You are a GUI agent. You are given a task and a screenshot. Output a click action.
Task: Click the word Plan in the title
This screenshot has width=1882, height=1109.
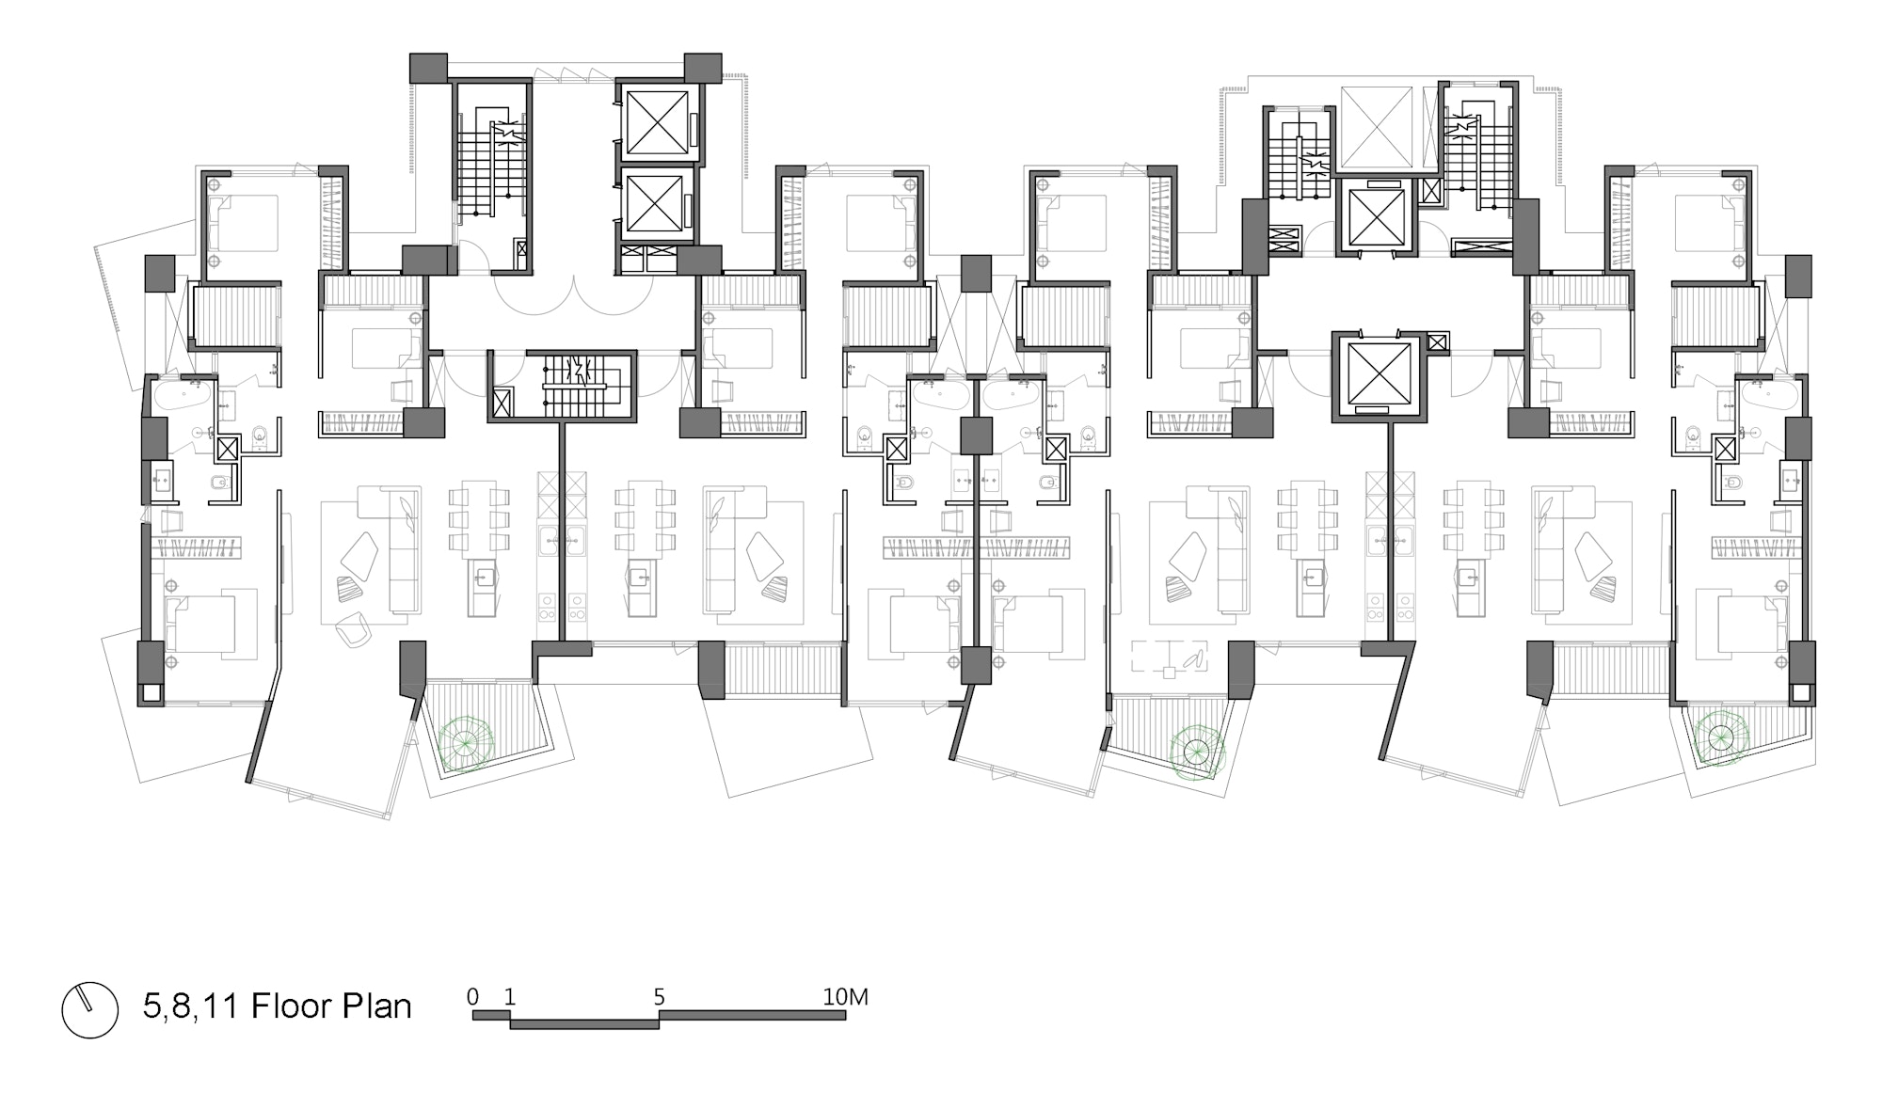coord(375,1006)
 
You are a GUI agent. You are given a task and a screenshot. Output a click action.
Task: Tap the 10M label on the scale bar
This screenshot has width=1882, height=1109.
coord(845,997)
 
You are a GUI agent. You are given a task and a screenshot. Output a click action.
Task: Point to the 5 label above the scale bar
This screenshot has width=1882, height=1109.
coord(660,997)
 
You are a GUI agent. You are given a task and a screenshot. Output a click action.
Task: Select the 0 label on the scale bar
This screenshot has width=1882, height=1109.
coord(472,997)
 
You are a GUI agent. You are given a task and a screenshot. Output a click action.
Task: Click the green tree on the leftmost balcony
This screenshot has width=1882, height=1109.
coord(462,745)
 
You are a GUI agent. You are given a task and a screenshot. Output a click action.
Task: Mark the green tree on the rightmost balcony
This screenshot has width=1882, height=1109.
coord(1721,737)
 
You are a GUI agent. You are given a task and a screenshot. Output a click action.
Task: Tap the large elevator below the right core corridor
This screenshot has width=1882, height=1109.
coord(1380,372)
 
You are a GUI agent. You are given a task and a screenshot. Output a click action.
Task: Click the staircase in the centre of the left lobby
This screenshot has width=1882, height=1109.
coord(576,385)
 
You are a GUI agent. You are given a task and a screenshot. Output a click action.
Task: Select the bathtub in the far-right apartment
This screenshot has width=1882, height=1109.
coord(1769,394)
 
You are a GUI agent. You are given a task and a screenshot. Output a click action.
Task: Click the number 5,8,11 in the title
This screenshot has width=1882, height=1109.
coord(189,1006)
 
